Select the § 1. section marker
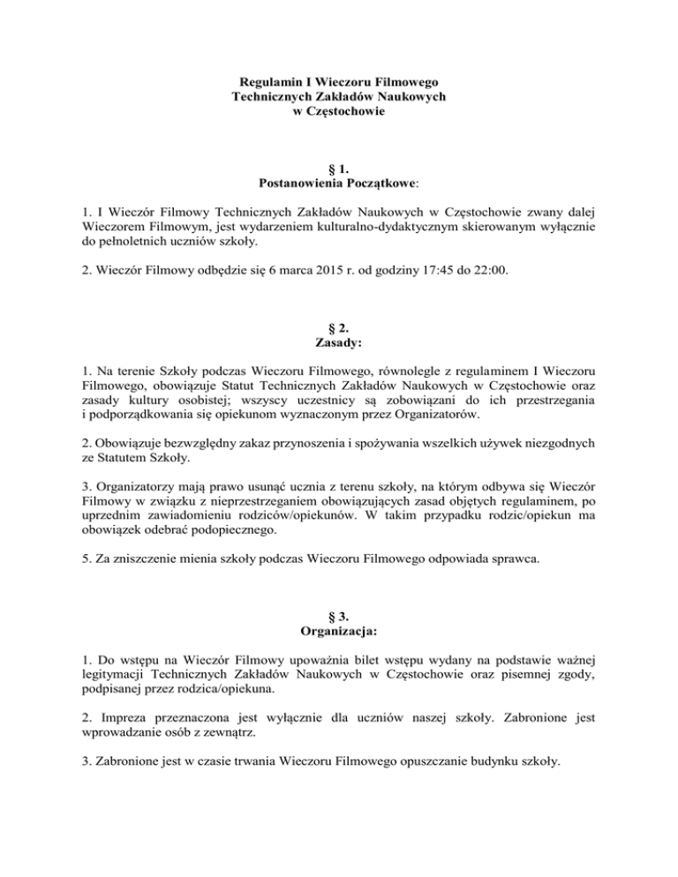click(x=339, y=169)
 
